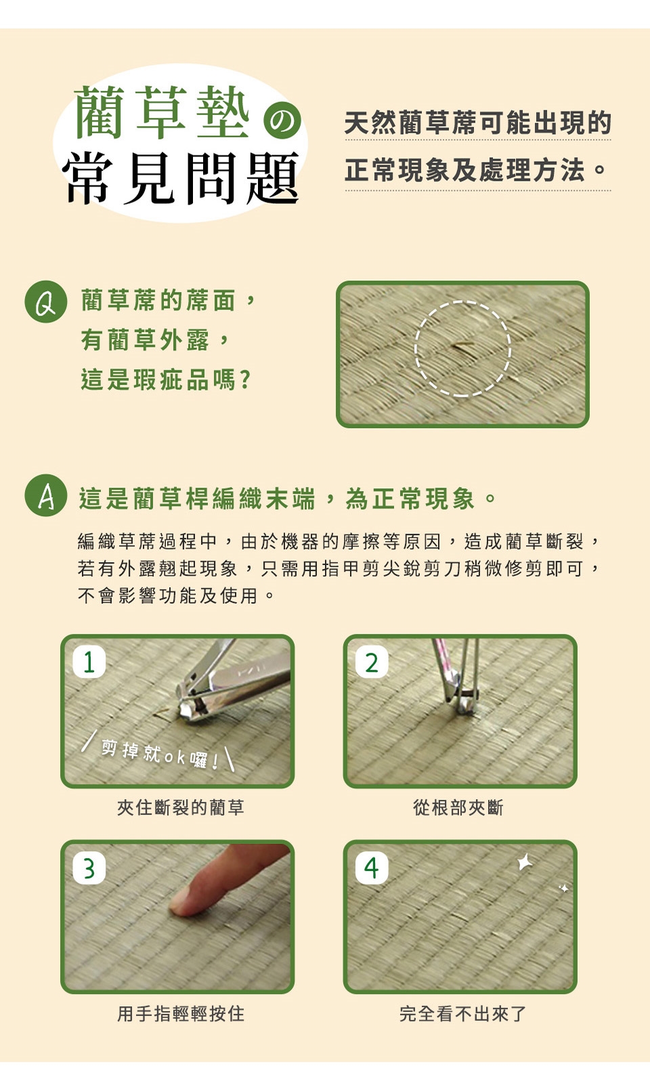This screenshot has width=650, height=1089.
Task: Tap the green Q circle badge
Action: (45, 301)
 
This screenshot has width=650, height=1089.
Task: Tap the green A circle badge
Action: (45, 495)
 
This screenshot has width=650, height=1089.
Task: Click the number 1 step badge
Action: (89, 662)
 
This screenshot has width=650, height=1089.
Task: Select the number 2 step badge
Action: (372, 662)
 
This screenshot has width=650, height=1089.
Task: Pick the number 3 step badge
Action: (89, 868)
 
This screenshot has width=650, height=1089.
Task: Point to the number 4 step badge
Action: (372, 868)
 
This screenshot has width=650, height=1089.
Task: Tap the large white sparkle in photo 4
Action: (525, 862)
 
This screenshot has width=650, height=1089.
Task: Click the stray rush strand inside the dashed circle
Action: (462, 345)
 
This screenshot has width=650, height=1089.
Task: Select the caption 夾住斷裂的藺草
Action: (180, 807)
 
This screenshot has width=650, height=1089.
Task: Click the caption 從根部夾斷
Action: (458, 807)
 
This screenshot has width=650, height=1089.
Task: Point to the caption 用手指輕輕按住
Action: (180, 1014)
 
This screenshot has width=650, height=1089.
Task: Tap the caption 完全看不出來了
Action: (463, 1014)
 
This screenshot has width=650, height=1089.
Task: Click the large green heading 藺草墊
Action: (162, 113)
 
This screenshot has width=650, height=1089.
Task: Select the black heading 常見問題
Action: (181, 178)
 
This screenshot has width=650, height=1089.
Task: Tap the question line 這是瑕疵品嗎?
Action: (166, 380)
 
